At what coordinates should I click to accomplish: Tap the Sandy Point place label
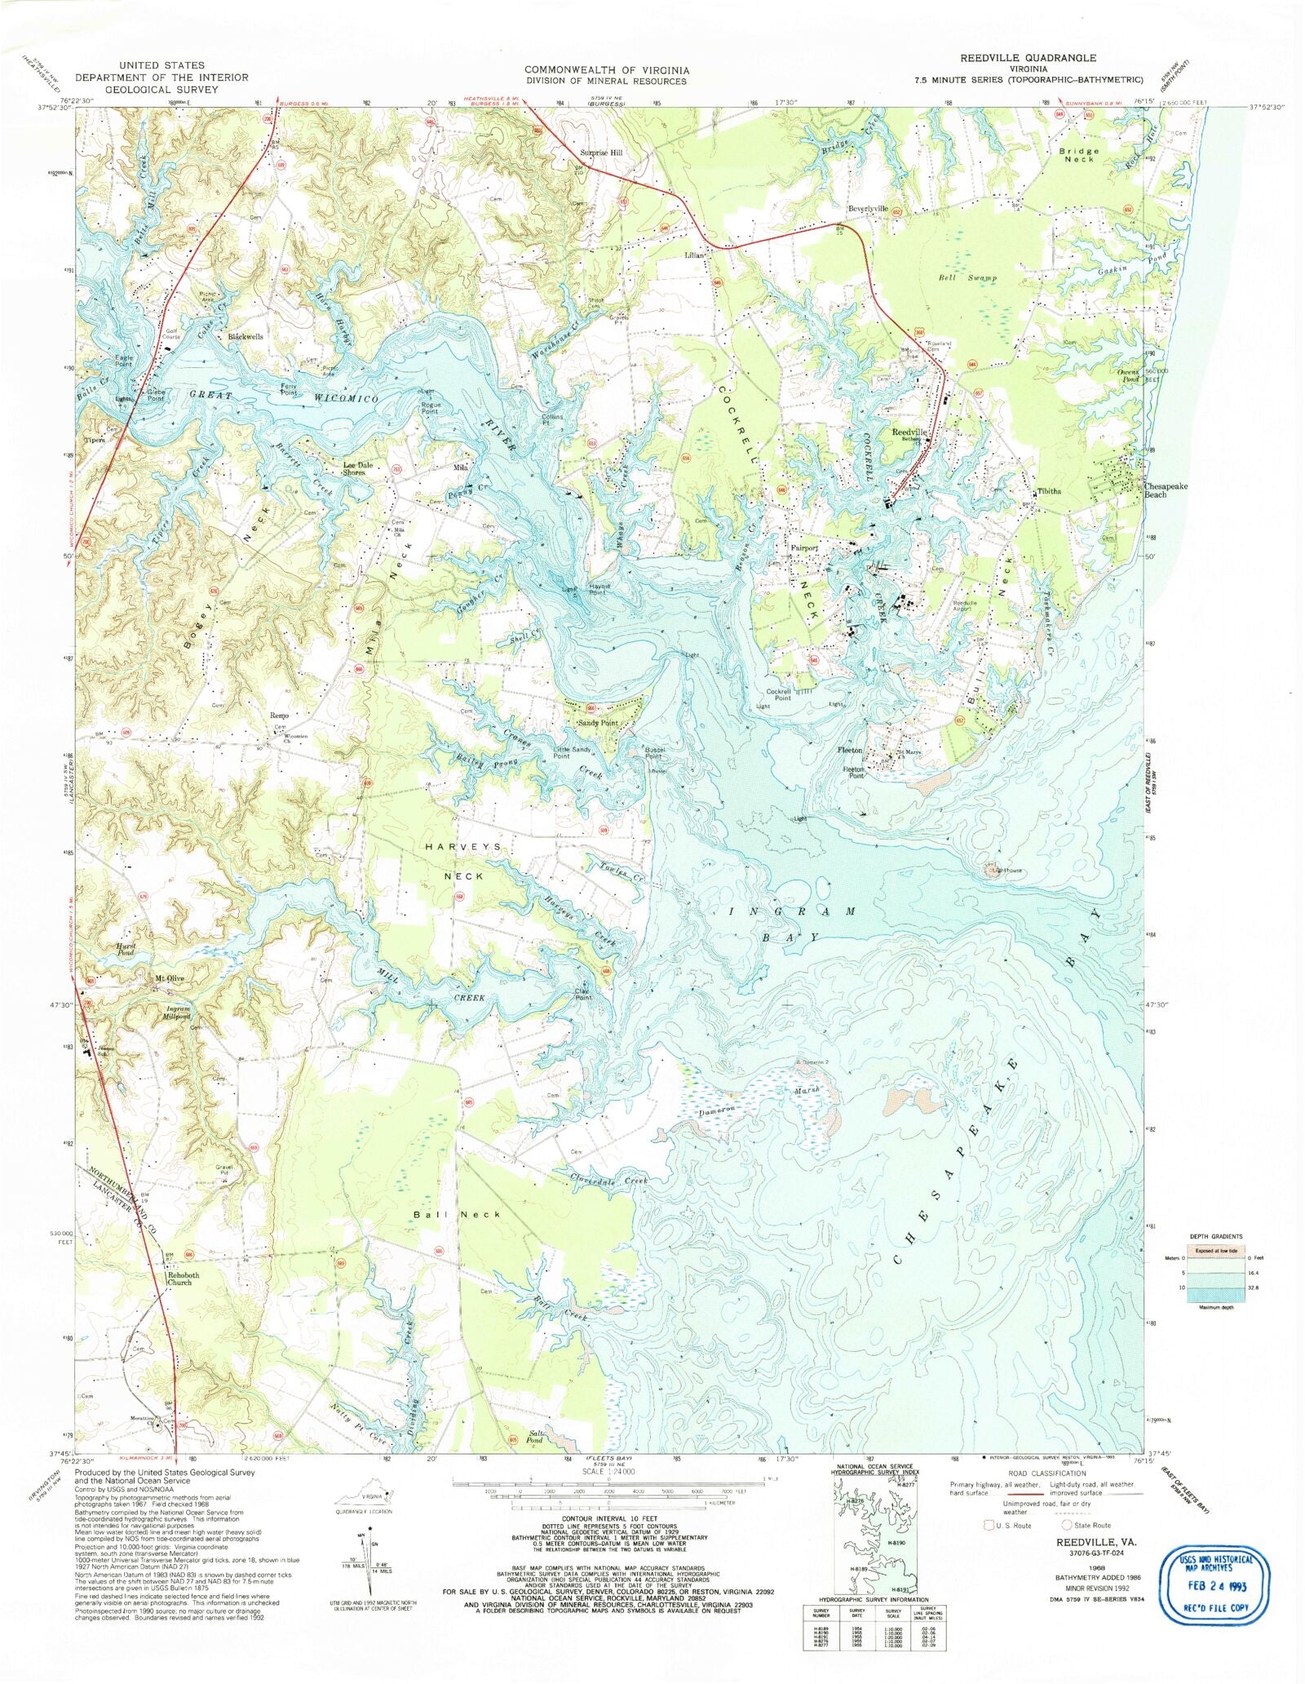[597, 723]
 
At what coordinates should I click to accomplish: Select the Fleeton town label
[850, 751]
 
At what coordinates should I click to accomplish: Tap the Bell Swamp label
[968, 278]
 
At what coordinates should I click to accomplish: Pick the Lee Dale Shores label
[358, 469]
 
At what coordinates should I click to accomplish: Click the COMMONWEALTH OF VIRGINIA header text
[607, 70]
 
